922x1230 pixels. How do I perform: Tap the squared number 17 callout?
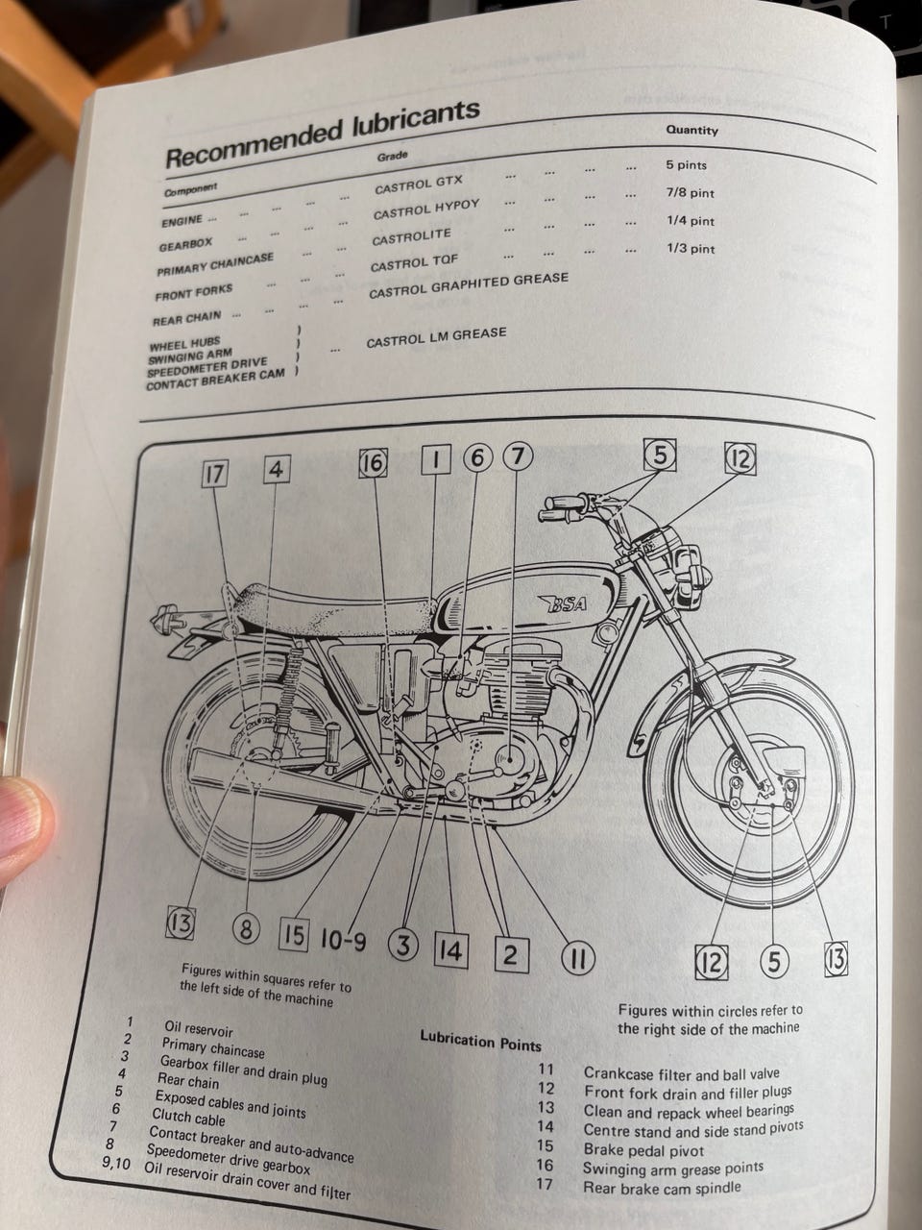pyautogui.click(x=214, y=474)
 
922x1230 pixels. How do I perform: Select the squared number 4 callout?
pyautogui.click(x=277, y=469)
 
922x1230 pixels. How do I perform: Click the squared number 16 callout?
pyautogui.click(x=373, y=463)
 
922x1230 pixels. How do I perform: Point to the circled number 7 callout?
pyautogui.click(x=519, y=456)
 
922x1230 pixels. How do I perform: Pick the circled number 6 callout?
pyautogui.click(x=477, y=457)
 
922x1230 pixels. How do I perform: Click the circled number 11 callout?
pyautogui.click(x=578, y=959)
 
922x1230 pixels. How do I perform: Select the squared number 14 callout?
pyautogui.click(x=451, y=951)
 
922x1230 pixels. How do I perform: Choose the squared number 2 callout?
pyautogui.click(x=511, y=955)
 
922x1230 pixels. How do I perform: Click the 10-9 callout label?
pyautogui.click(x=343, y=940)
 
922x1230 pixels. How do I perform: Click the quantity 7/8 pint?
pyautogui.click(x=691, y=193)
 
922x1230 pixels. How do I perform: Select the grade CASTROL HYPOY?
pyautogui.click(x=426, y=210)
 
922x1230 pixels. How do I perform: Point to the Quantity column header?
pyautogui.click(x=691, y=130)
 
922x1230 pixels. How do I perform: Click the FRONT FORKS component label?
pyautogui.click(x=194, y=292)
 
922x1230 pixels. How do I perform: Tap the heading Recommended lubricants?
pyautogui.click(x=323, y=135)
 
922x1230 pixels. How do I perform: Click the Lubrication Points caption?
pyautogui.click(x=480, y=1041)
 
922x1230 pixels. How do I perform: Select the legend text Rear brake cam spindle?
pyautogui.click(x=663, y=1188)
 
